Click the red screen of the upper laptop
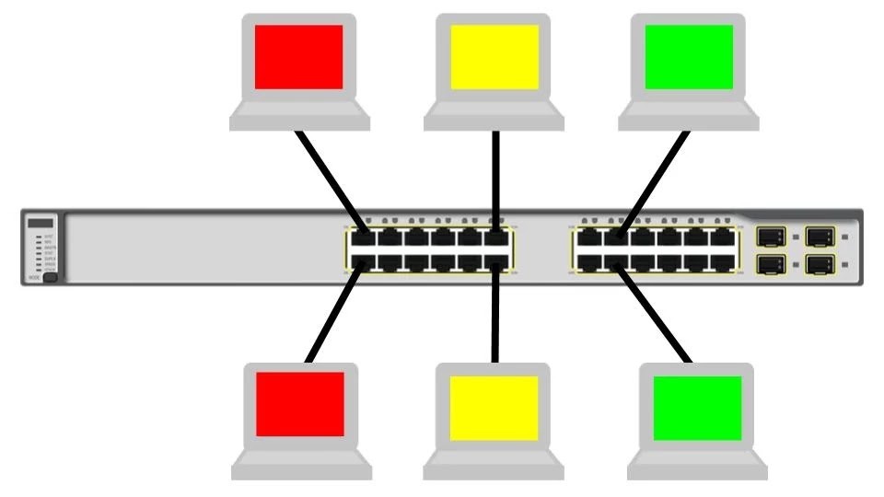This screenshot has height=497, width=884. (298, 57)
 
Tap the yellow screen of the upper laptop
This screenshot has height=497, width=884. (494, 57)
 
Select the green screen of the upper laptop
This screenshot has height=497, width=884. (689, 57)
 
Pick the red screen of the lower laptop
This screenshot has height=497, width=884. (300, 404)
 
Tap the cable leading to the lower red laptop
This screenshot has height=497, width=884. (334, 313)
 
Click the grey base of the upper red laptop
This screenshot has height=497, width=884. (299, 118)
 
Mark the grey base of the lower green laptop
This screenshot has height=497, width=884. (697, 468)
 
